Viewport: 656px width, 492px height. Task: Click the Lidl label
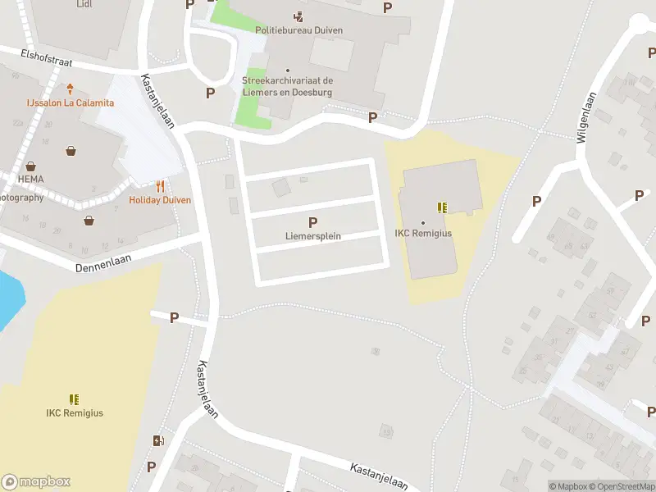point(84,4)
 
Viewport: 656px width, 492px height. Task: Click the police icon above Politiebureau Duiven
point(298,16)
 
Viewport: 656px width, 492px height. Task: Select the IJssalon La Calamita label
point(70,102)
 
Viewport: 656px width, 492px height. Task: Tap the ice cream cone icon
point(71,89)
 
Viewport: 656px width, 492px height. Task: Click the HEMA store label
point(30,179)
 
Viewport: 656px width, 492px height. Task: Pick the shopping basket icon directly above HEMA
point(30,166)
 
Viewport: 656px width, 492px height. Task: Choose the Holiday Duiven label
point(160,200)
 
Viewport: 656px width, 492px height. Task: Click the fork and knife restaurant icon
point(160,186)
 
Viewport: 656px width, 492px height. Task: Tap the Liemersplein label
point(312,236)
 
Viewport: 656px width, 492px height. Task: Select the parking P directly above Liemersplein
point(312,222)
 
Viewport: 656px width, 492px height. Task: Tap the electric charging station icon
point(158,441)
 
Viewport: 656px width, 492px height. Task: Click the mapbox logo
point(35,482)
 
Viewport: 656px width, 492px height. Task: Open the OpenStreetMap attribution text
point(621,486)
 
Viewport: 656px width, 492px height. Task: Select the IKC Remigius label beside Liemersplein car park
point(423,233)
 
